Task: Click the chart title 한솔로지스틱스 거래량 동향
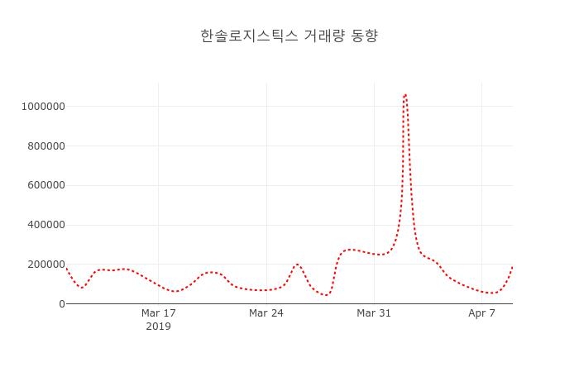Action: (x=289, y=36)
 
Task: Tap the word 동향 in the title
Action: (x=365, y=36)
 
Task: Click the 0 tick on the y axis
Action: (x=60, y=304)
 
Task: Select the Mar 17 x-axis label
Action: (x=158, y=313)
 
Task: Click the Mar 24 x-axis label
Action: (x=266, y=313)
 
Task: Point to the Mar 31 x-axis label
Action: (x=374, y=313)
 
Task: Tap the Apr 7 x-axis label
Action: (x=481, y=313)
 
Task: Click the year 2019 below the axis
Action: (x=158, y=327)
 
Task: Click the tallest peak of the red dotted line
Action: (x=404, y=94)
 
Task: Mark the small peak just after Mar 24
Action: (x=297, y=265)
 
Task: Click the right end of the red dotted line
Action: (x=512, y=267)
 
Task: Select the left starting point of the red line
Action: (x=66, y=268)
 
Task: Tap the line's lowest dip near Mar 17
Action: (x=175, y=292)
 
